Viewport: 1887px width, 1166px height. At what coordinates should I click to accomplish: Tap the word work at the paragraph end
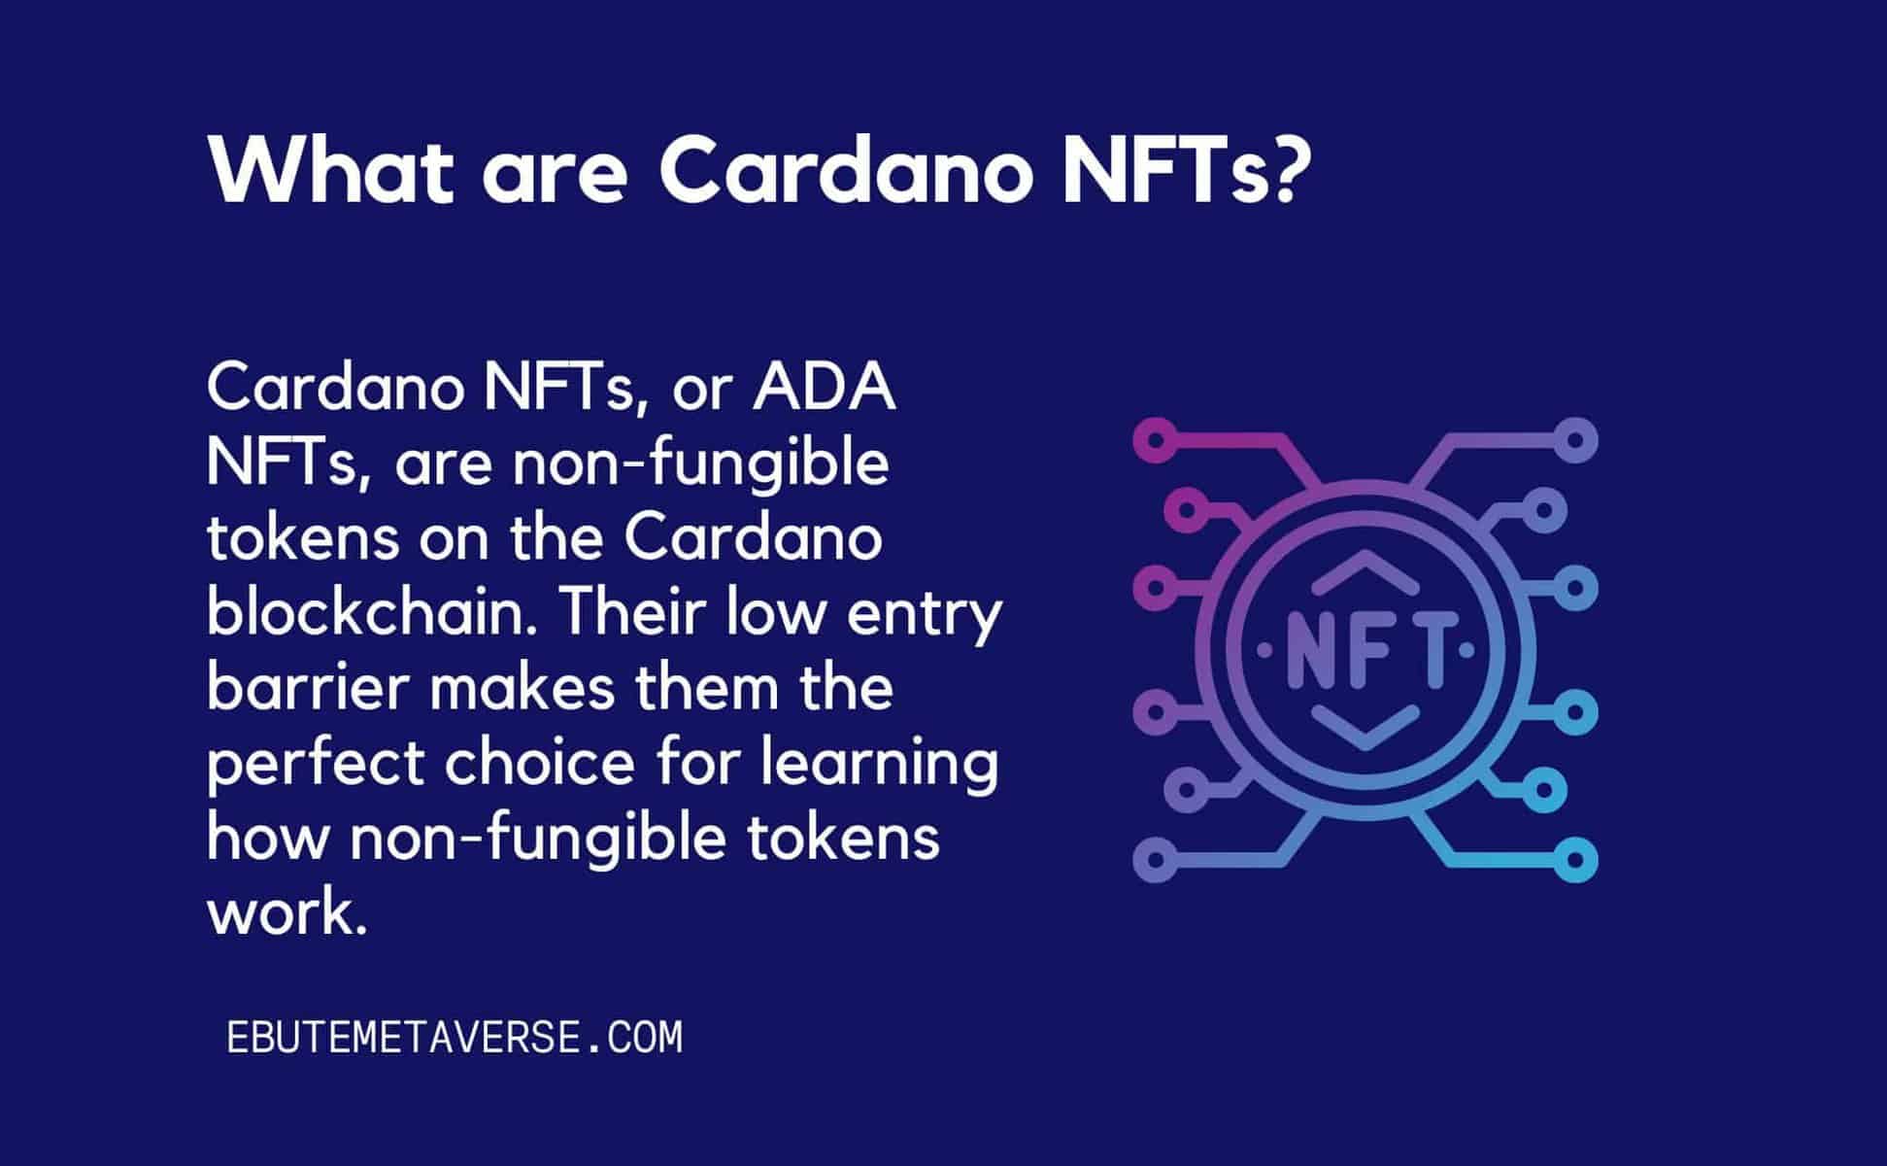[x=287, y=912]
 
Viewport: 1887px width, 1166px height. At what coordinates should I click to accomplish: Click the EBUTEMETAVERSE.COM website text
[x=455, y=1038]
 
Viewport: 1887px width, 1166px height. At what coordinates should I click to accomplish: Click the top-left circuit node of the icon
[x=1155, y=440]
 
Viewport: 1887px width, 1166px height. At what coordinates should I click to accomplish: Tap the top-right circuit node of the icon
[x=1575, y=440]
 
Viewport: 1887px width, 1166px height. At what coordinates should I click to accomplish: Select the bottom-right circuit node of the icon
[x=1575, y=860]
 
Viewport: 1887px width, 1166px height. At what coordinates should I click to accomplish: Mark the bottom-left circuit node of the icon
[x=1155, y=860]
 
